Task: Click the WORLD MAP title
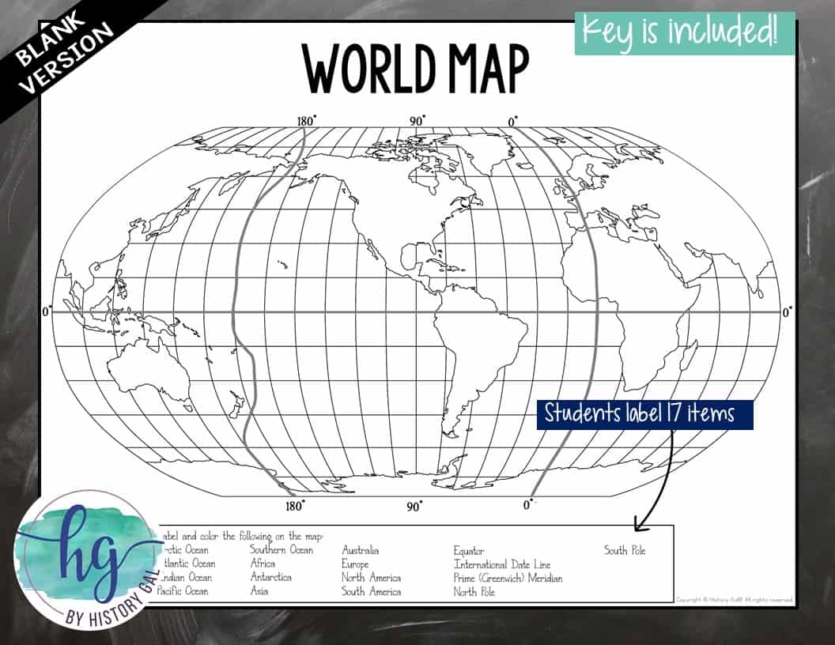click(416, 70)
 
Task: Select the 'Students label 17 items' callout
click(644, 413)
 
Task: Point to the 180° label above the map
click(306, 121)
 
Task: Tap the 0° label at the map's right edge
click(787, 312)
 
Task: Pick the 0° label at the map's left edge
click(47, 312)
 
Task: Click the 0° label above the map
click(512, 121)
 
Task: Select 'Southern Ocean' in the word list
click(281, 550)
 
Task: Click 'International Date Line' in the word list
click(502, 564)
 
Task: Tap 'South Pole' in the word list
click(625, 550)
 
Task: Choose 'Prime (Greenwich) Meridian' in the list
click(508, 578)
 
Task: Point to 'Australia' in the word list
click(361, 550)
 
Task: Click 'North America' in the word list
click(371, 578)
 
